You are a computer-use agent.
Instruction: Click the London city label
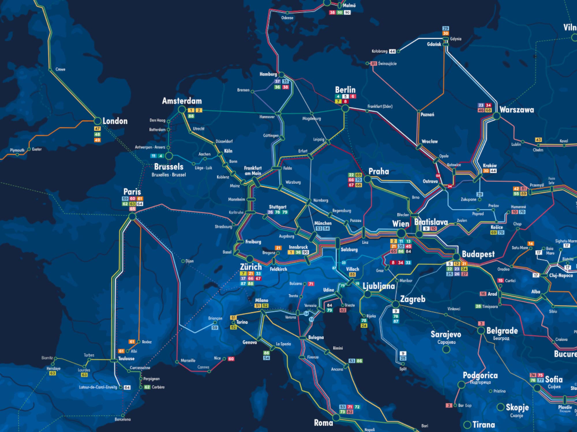coord(115,121)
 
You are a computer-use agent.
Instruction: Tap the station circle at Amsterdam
coord(182,109)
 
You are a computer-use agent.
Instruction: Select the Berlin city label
coord(345,90)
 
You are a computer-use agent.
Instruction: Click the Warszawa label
coord(516,110)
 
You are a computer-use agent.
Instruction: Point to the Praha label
coord(379,171)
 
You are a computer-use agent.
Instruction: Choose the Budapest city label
coord(478,254)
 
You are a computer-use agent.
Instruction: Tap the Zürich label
coord(251,267)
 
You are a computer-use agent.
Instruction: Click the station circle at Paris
coord(132,217)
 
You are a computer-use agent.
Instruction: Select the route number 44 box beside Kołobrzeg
coord(392,51)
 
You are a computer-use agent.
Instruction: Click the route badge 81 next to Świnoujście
coord(374,63)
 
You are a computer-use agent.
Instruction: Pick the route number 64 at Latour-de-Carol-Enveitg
coord(127,387)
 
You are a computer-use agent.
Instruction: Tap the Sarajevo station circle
coord(446,350)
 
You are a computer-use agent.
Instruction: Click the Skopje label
coord(517,407)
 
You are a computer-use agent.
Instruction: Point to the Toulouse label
coord(126,359)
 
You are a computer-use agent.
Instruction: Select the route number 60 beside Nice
coord(231,359)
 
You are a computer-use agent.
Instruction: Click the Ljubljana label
coord(379,286)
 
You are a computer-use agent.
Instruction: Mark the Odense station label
coord(287,18)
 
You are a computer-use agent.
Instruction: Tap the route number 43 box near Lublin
coord(538,140)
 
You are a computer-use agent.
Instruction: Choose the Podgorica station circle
coord(461,384)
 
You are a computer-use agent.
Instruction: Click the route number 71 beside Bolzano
coord(311,284)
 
